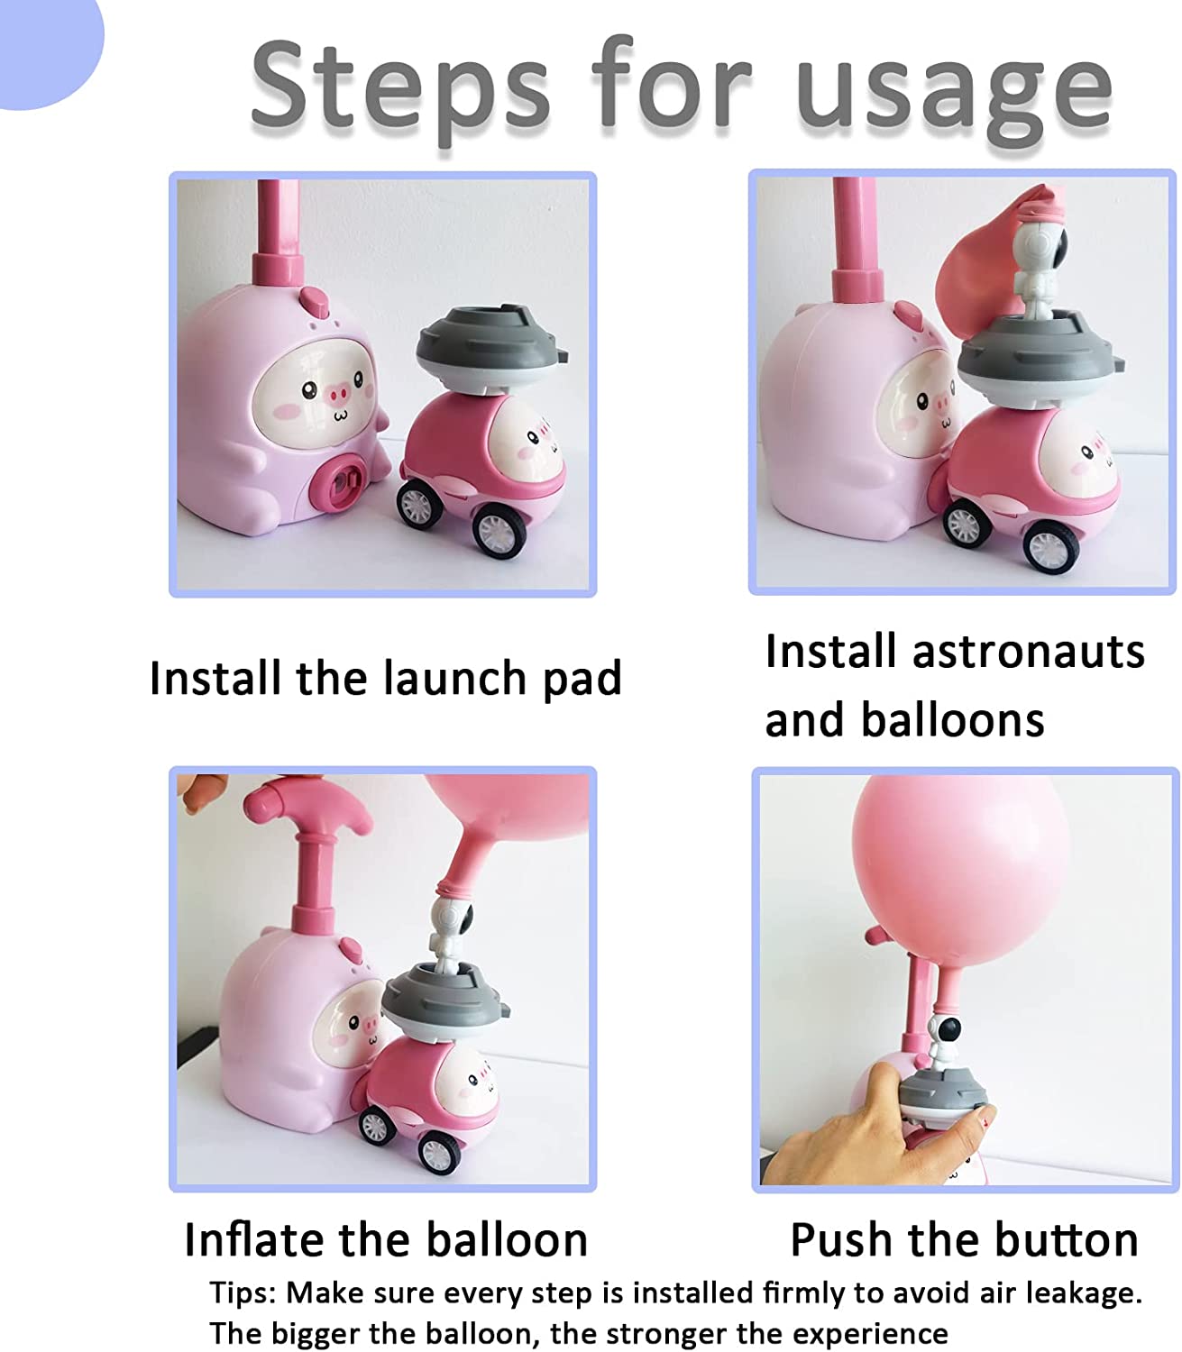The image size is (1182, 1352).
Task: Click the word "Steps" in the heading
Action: (400, 86)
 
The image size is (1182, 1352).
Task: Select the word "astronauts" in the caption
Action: (1028, 652)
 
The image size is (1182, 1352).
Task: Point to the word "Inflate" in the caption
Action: (254, 1239)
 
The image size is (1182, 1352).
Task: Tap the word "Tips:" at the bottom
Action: (243, 1293)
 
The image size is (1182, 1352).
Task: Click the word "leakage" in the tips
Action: (1084, 1293)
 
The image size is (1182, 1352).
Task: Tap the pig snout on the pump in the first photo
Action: (338, 396)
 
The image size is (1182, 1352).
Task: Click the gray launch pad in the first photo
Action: (492, 349)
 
